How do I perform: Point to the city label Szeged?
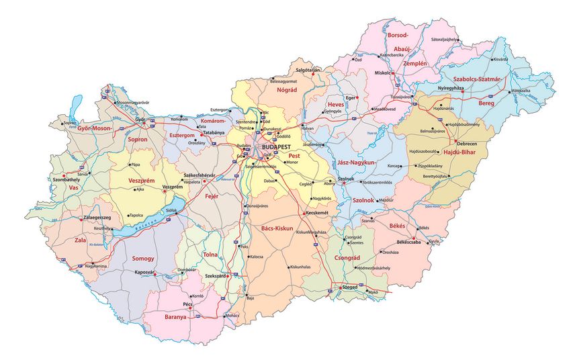[x=349, y=287]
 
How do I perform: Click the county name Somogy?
[x=143, y=259]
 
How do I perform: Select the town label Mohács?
[x=232, y=316]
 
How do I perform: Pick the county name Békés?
[x=396, y=226]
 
